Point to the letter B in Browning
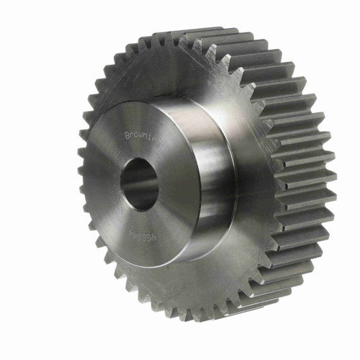coord(127,134)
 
